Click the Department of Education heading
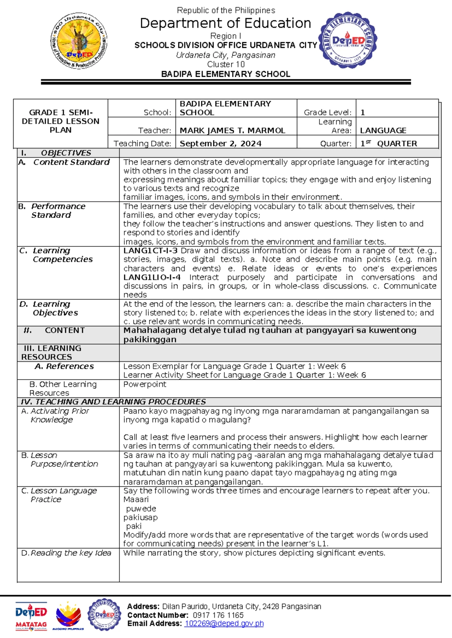tap(225, 23)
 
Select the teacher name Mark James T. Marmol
tap(232, 131)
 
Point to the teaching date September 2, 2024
tap(220, 143)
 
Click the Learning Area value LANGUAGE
tap(383, 131)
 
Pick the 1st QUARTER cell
tap(389, 143)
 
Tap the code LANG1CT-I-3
tap(150, 251)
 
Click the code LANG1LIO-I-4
tap(152, 277)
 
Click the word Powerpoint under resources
tap(145, 384)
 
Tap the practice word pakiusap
tap(140, 517)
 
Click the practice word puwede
tap(141, 509)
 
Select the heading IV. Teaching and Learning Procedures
tap(113, 402)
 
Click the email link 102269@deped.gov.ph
tap(224, 623)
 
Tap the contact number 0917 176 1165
tap(218, 615)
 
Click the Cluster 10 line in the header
tap(226, 64)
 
